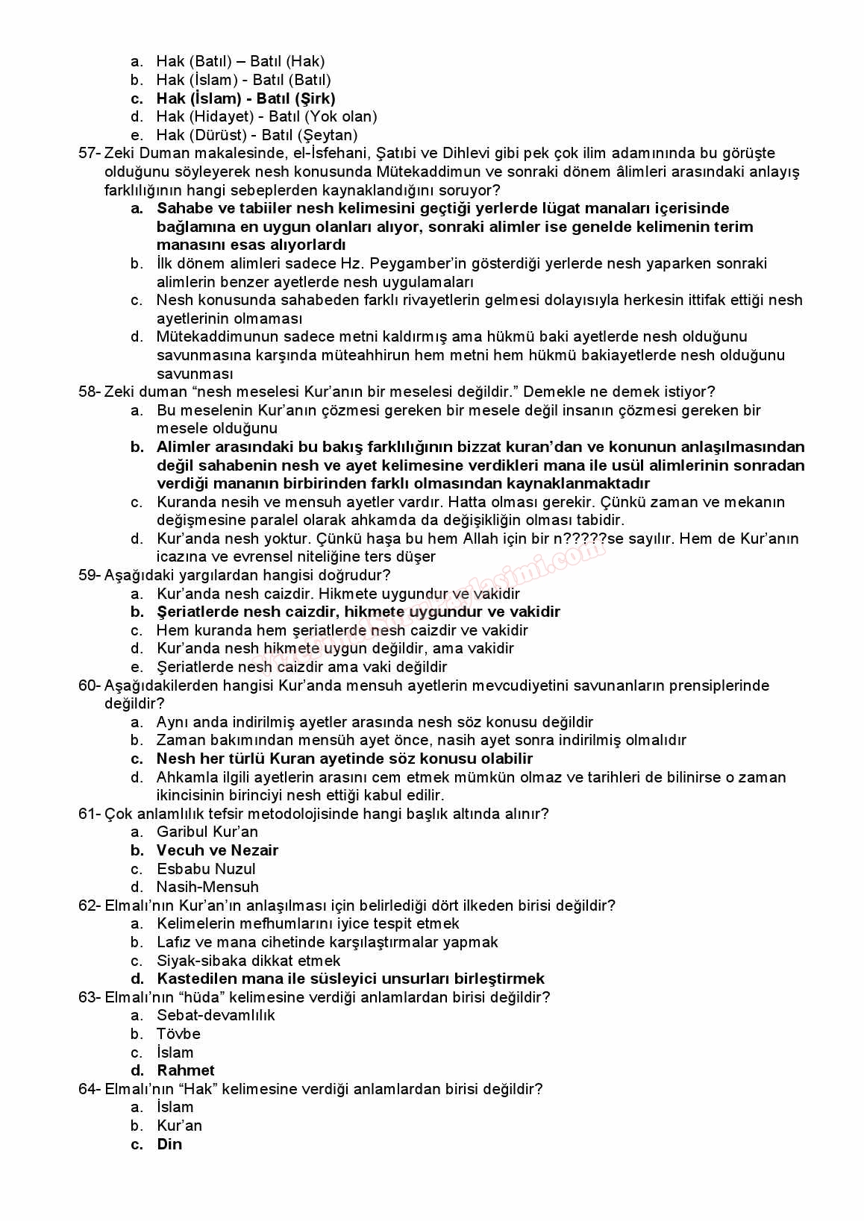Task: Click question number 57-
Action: click(89, 154)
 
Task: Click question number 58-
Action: click(89, 392)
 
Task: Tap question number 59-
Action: click(89, 575)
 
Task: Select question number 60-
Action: click(89, 685)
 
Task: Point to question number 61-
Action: click(89, 814)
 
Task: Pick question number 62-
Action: click(89, 905)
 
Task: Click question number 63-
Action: click(89, 997)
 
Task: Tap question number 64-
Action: click(89, 1089)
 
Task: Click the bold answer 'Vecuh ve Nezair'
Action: click(217, 850)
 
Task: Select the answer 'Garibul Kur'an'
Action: click(207, 832)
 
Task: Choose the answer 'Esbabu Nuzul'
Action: click(206, 869)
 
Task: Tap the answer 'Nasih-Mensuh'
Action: click(207, 887)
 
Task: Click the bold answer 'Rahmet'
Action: click(186, 1070)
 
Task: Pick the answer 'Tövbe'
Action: click(178, 1034)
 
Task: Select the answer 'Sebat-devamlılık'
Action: click(216, 1015)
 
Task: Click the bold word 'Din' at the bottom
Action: click(169, 1144)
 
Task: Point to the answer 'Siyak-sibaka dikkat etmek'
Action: click(248, 961)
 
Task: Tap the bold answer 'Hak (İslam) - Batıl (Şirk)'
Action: click(245, 98)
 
